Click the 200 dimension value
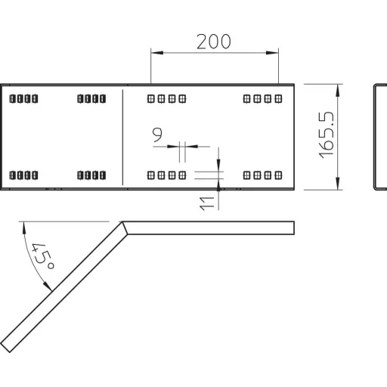coord(213,42)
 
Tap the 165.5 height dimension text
coord(327,135)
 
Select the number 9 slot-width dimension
coord(157,135)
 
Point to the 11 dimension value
coord(206,203)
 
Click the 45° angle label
coord(43,256)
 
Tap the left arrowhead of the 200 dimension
coord(157,53)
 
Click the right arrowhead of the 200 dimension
coord(272,53)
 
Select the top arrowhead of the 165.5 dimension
coord(338,90)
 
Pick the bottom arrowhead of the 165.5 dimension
coord(338,184)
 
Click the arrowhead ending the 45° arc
coord(48,286)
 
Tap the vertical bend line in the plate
coord(122,138)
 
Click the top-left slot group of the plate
coord(23,98)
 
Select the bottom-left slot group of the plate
coord(23,175)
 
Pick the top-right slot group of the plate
coord(263,98)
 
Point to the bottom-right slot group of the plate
coord(263,175)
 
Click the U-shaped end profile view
coord(374,138)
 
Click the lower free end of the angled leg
coord(5,347)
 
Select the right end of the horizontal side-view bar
coord(294,228)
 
